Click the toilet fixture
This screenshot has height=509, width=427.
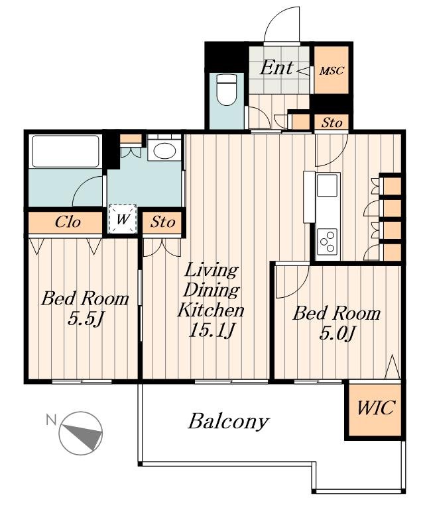point(226,89)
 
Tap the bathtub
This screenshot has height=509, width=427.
point(66,152)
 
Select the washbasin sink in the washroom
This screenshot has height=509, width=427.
point(164,150)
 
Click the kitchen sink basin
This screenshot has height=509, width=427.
point(326,185)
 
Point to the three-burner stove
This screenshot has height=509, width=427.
point(327,241)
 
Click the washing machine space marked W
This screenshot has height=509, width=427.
point(122,219)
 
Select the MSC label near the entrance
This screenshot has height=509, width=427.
point(332,70)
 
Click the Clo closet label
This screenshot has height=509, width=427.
point(68,222)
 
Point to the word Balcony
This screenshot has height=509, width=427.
point(229,422)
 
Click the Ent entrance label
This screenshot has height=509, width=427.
point(276,68)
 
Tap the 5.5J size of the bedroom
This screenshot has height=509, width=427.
point(86,319)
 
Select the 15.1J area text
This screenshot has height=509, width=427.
point(212,330)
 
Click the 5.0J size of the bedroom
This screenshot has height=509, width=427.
point(337,333)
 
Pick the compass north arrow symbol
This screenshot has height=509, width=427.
point(82,433)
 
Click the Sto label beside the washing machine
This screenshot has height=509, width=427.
point(162,222)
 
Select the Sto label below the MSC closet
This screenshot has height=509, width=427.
point(332,122)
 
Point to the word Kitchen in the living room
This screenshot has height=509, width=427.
point(211,310)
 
